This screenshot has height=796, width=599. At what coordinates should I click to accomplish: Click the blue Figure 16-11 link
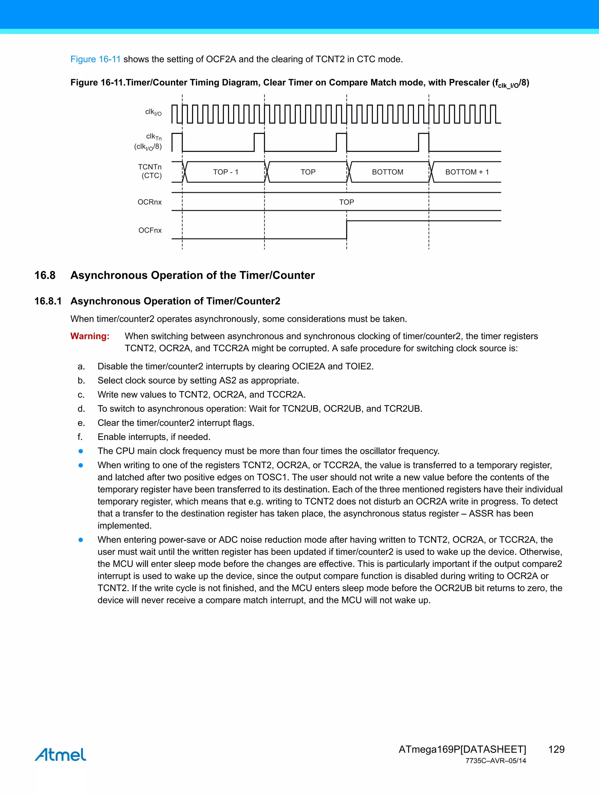pos(95,59)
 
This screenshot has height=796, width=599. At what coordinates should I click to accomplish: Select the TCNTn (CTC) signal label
pos(150,171)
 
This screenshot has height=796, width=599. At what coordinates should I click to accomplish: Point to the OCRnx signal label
pos(149,202)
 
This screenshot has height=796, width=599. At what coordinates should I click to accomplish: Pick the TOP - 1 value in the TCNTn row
pos(226,172)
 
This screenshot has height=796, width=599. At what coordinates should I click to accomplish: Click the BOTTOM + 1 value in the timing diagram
pos(467,172)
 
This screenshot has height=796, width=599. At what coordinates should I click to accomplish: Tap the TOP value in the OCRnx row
pos(346,202)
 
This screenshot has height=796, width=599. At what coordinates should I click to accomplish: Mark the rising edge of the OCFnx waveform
pos(347,230)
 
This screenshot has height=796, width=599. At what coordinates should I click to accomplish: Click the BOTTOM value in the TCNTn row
pos(387,172)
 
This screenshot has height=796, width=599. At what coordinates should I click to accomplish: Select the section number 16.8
pos(45,275)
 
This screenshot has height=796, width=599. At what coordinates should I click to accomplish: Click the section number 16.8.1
pos(48,301)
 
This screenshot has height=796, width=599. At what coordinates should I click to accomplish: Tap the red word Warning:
pos(89,336)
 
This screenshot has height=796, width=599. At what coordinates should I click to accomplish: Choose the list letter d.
pos(81,409)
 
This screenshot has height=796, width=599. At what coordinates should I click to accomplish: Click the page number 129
pos(556,749)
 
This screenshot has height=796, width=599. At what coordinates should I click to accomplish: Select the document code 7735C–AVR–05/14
pos(495,761)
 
